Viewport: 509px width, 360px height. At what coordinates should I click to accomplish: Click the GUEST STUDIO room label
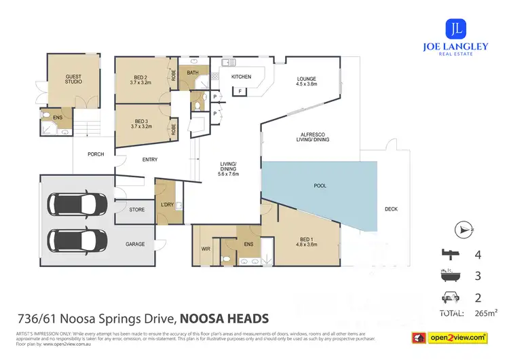[73, 79]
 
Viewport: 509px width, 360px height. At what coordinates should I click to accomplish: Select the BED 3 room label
[140, 124]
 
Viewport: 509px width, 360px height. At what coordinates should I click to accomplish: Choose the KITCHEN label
[241, 77]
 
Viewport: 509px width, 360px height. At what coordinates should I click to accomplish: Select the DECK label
[391, 209]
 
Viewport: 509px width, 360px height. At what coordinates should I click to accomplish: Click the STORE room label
[136, 210]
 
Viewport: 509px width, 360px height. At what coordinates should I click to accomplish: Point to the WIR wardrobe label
[206, 249]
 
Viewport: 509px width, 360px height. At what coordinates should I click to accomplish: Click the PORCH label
[96, 154]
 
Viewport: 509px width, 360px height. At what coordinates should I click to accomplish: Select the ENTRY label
[149, 160]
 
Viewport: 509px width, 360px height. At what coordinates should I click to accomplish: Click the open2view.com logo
[457, 337]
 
